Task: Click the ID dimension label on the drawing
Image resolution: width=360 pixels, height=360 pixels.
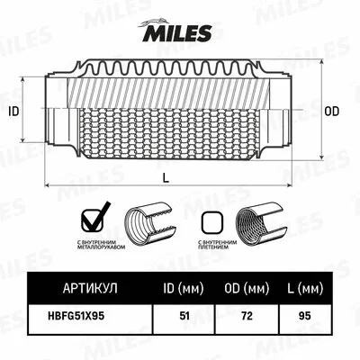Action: (x=13, y=112)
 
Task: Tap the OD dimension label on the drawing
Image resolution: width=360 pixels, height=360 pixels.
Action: (x=331, y=112)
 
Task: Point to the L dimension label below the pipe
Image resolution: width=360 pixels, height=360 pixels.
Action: (x=166, y=179)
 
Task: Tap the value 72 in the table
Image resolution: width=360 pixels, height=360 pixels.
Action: (x=244, y=315)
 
